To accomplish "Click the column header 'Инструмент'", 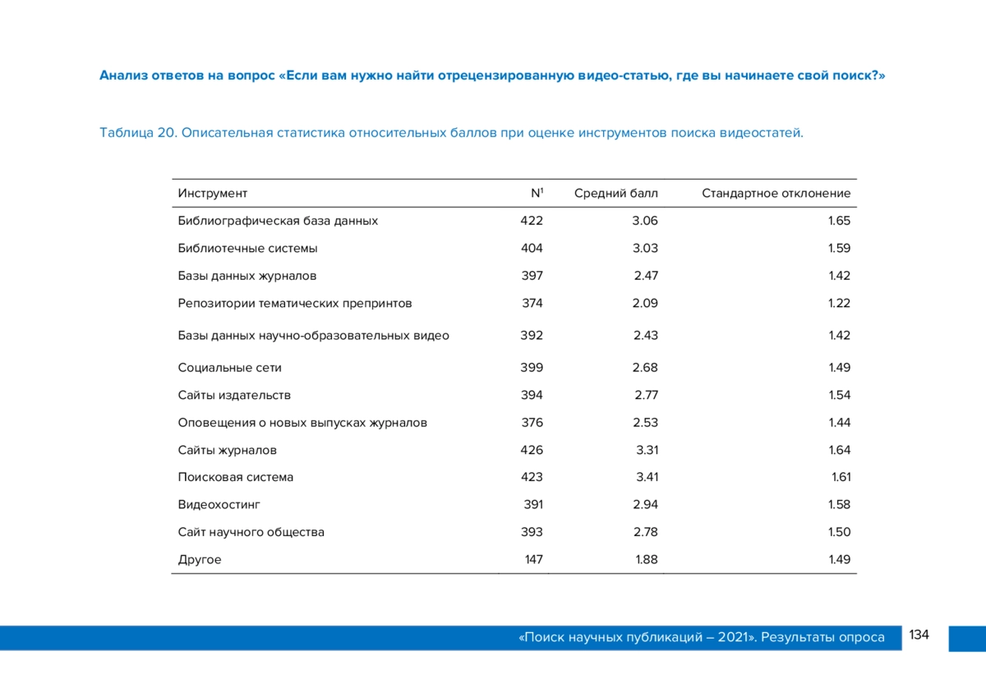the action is click(x=213, y=194).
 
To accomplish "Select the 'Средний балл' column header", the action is click(x=615, y=193).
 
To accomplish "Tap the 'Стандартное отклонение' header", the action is click(x=776, y=193).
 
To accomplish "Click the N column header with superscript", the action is click(x=537, y=193).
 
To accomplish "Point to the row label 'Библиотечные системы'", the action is click(x=247, y=248).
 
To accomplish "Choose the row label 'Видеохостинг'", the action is click(x=219, y=504).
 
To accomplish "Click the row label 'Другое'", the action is click(x=200, y=559).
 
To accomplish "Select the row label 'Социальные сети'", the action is click(x=229, y=367).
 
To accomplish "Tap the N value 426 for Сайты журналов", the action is click(x=532, y=450).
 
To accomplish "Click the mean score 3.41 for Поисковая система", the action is click(x=647, y=477).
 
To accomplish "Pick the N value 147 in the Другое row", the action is click(x=534, y=559).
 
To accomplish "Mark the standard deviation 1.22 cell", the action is click(x=839, y=303).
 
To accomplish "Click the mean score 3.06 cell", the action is click(x=645, y=220).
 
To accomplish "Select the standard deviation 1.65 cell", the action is click(x=839, y=220).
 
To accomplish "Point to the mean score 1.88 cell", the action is click(x=646, y=559).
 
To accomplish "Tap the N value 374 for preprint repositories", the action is click(x=532, y=303).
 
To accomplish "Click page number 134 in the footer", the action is click(x=919, y=635).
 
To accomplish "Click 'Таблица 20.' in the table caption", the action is click(x=138, y=132).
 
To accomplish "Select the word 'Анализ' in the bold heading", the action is click(x=124, y=76).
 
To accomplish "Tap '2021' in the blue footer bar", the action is click(x=733, y=637).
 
